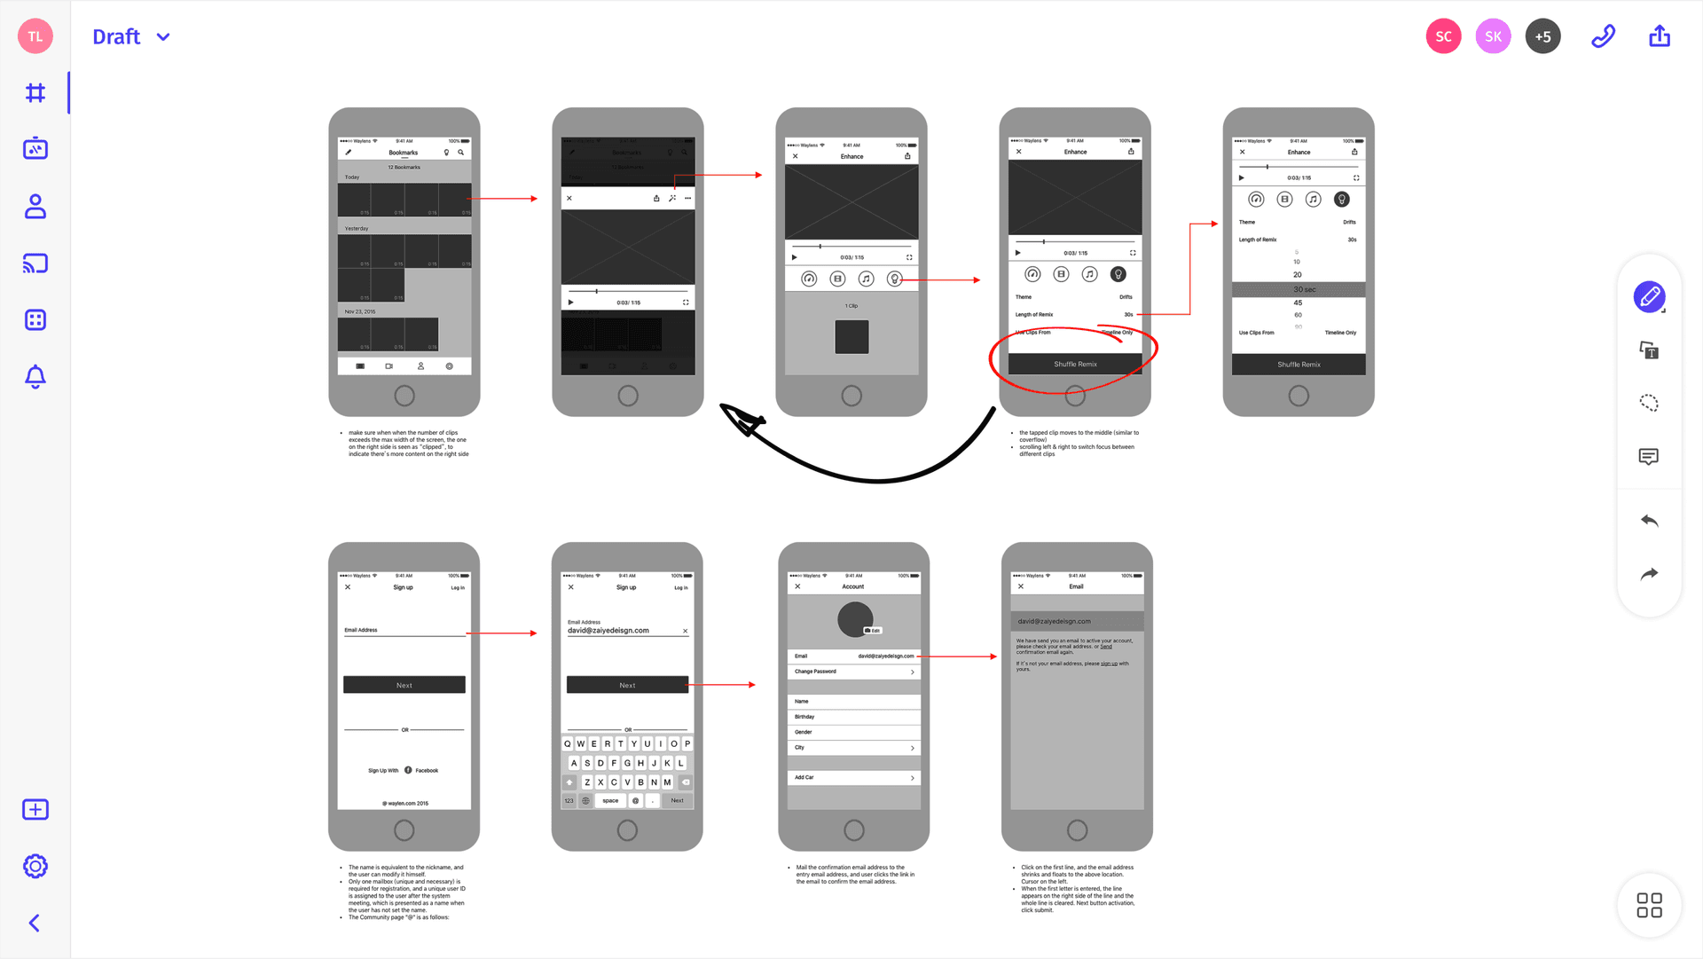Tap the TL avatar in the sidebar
[x=35, y=36]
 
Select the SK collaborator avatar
[x=1493, y=36]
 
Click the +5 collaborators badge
[x=1542, y=36]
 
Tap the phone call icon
[x=1603, y=36]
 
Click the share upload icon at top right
[x=1660, y=36]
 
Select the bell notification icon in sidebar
[x=35, y=377]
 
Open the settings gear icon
[x=35, y=866]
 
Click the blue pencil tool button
[x=1649, y=297]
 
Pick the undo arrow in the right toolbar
[x=1649, y=521]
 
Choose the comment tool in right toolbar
[x=1649, y=457]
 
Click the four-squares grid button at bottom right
[x=1649, y=905]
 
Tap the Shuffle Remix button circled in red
[x=1075, y=364]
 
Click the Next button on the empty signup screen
[x=404, y=685]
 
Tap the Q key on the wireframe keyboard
[x=568, y=743]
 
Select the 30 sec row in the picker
[x=1299, y=289]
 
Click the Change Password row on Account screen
[x=853, y=672]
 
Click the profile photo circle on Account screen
[x=855, y=618]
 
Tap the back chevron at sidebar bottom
[x=35, y=923]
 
